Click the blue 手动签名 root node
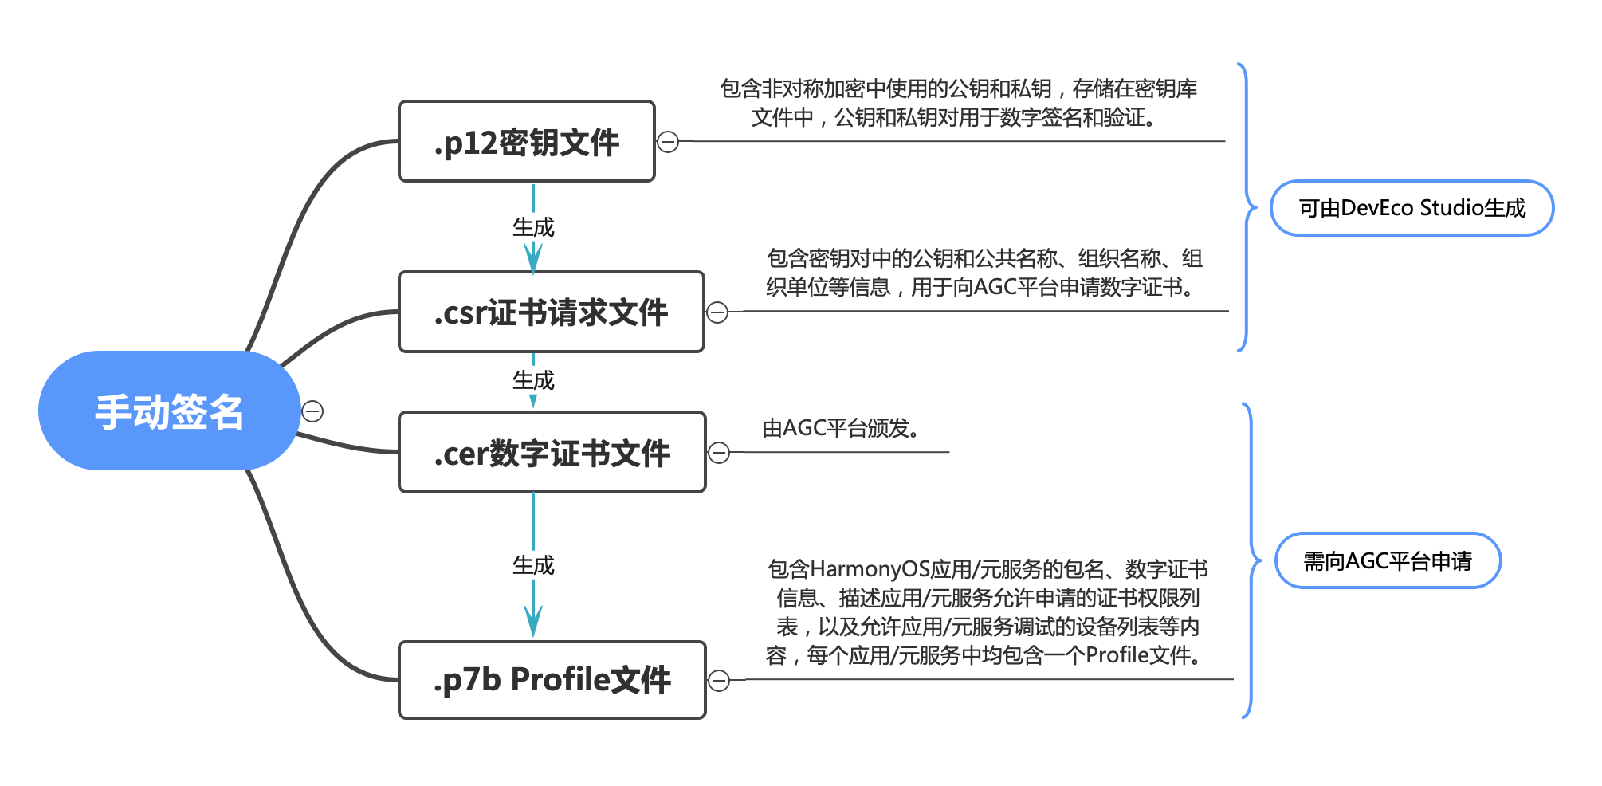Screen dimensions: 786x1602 pos(169,411)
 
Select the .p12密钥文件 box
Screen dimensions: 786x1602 pos(526,142)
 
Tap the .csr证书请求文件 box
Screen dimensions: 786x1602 pos(551,312)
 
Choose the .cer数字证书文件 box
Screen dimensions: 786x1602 pos(552,452)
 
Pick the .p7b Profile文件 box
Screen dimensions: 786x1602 pos(552,680)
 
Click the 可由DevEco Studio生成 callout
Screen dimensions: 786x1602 pos(1412,208)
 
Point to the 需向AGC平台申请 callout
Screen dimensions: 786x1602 pos(1388,561)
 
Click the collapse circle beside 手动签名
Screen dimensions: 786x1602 pos(312,411)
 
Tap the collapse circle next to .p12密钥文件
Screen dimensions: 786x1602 pos(668,142)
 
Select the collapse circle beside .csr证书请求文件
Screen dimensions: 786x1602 pos(717,312)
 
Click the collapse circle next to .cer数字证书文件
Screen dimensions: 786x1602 pos(719,453)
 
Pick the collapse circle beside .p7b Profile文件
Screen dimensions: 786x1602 pos(719,681)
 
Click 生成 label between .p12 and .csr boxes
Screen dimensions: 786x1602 pos(533,228)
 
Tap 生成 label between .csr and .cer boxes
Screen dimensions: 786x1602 pos(533,381)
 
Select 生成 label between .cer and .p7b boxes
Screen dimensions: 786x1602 pos(533,566)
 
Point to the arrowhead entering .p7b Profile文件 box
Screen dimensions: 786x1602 pos(533,622)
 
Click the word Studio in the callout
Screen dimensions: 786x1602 pos(1448,208)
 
